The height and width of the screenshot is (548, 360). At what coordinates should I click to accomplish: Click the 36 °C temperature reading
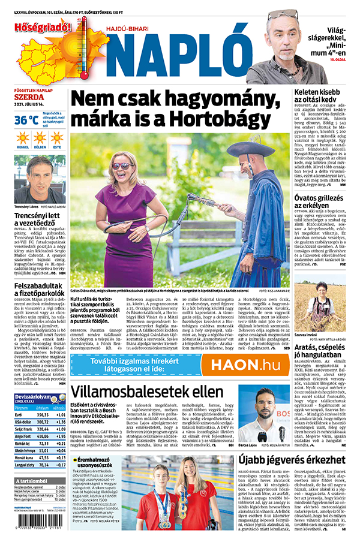pyautogui.click(x=26, y=120)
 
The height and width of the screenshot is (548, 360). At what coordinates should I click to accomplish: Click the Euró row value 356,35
pyautogui.click(x=42, y=414)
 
